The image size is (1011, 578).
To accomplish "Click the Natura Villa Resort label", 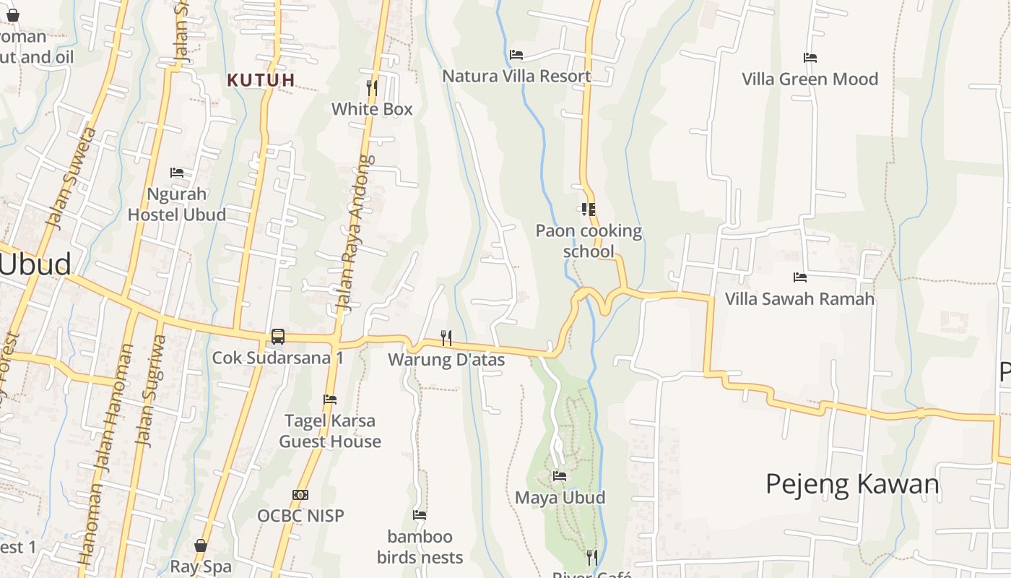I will (x=516, y=76).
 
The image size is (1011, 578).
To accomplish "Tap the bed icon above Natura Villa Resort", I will (x=516, y=55).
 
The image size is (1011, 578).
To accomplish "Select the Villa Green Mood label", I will (x=810, y=79).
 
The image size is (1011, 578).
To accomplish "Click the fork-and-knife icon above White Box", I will (x=372, y=88).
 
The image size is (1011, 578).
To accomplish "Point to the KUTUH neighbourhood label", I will (x=261, y=80).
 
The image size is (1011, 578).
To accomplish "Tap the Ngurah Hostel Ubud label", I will (x=177, y=204).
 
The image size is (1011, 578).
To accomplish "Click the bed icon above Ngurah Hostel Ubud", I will (x=177, y=173).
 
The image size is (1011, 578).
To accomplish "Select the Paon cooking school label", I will (x=589, y=241).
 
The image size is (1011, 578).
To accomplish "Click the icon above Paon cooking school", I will (x=589, y=210).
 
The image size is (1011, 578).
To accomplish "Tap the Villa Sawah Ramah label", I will (x=799, y=298).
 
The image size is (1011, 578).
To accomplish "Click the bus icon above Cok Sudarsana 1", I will (x=278, y=336).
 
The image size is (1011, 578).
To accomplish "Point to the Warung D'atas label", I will (x=446, y=359).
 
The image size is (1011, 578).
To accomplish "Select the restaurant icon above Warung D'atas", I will (x=446, y=337).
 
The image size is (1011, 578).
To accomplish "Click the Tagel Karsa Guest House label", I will (x=330, y=431).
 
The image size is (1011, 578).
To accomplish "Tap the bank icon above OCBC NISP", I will (x=300, y=495).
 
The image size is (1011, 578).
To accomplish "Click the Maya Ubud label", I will (x=560, y=498).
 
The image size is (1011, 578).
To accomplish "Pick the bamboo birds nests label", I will (x=420, y=547).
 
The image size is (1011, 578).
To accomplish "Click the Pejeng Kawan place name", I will (x=852, y=484).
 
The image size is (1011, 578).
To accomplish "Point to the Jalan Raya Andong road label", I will (x=354, y=233).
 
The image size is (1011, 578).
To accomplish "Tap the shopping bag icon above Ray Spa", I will (x=201, y=545).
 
